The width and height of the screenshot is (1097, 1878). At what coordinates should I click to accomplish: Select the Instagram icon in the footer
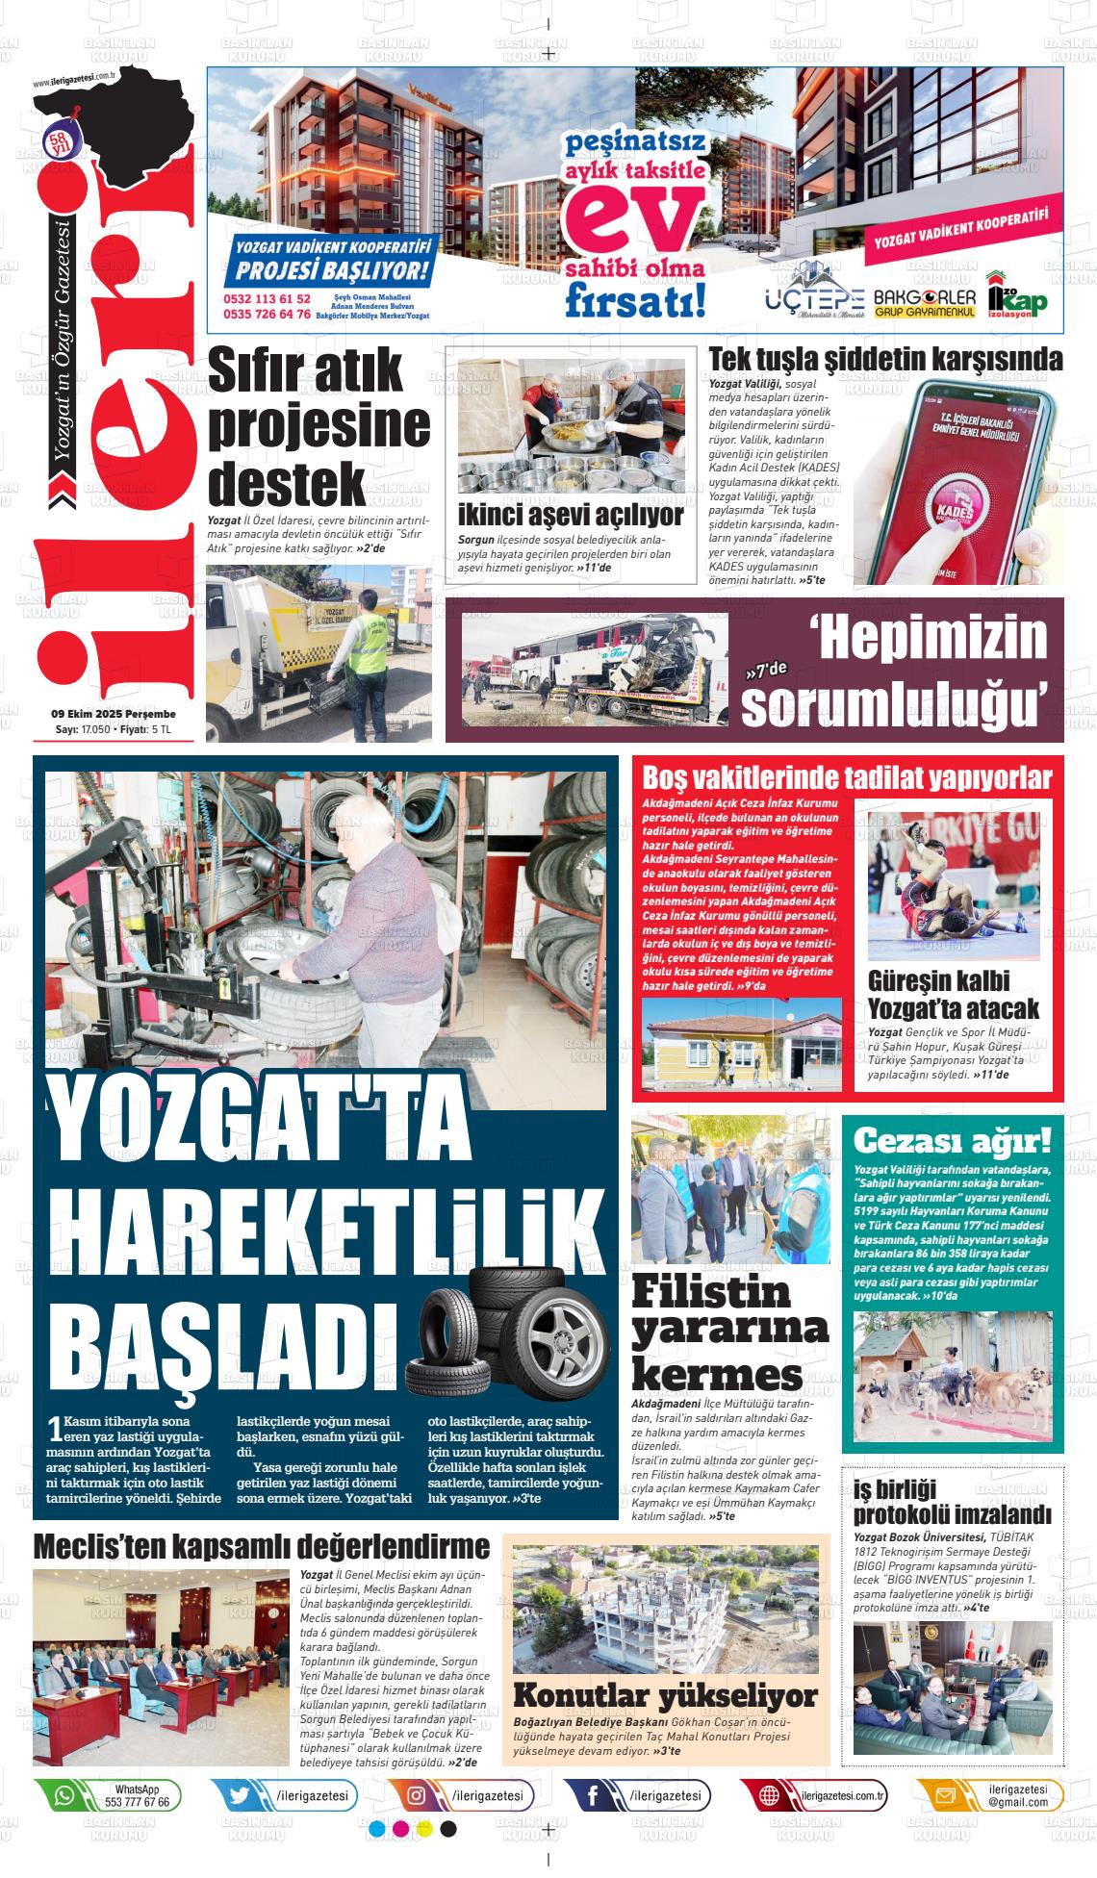point(417,1795)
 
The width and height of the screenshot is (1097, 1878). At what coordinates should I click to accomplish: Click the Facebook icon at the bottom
point(592,1795)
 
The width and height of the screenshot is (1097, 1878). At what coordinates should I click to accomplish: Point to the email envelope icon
point(944,1795)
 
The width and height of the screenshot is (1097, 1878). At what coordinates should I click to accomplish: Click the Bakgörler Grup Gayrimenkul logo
point(924,302)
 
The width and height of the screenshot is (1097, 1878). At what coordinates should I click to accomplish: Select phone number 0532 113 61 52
point(267,299)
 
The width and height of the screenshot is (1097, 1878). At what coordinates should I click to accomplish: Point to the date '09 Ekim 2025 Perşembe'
point(114,714)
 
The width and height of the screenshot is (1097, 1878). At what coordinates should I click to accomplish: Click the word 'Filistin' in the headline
point(711,1291)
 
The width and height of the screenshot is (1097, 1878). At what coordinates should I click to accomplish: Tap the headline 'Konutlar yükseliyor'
point(665,1694)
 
